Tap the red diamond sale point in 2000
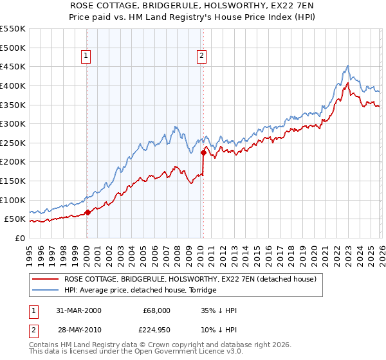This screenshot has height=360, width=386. (x=87, y=212)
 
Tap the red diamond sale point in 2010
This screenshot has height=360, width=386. (x=203, y=152)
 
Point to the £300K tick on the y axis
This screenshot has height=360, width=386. (x=13, y=123)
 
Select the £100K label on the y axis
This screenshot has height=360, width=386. (x=13, y=200)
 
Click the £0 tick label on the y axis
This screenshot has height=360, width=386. (x=19, y=238)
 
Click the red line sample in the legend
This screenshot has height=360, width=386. (x=45, y=280)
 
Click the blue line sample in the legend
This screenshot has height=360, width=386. (x=45, y=291)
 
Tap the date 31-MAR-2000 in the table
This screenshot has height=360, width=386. (x=78, y=310)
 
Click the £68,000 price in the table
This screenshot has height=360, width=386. (x=157, y=310)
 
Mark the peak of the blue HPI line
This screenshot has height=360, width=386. (x=347, y=66)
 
